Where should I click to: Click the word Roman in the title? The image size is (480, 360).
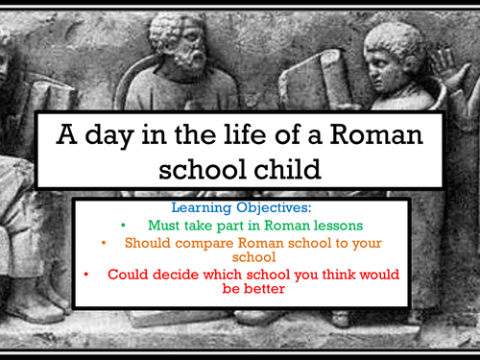click(376, 134)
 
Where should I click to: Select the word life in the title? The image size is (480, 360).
click(245, 133)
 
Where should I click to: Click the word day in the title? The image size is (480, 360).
click(109, 136)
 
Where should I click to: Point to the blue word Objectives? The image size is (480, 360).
click(274, 208)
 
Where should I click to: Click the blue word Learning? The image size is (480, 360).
click(202, 208)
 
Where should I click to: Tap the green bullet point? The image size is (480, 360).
click(123, 226)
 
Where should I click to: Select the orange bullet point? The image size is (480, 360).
click(104, 243)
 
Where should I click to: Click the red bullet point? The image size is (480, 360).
click(86, 275)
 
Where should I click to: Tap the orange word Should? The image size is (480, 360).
click(148, 243)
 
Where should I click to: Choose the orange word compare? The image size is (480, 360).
click(204, 244)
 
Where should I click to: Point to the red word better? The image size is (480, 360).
click(264, 289)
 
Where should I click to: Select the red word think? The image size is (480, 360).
click(339, 275)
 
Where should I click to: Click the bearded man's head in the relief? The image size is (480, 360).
click(179, 43)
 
